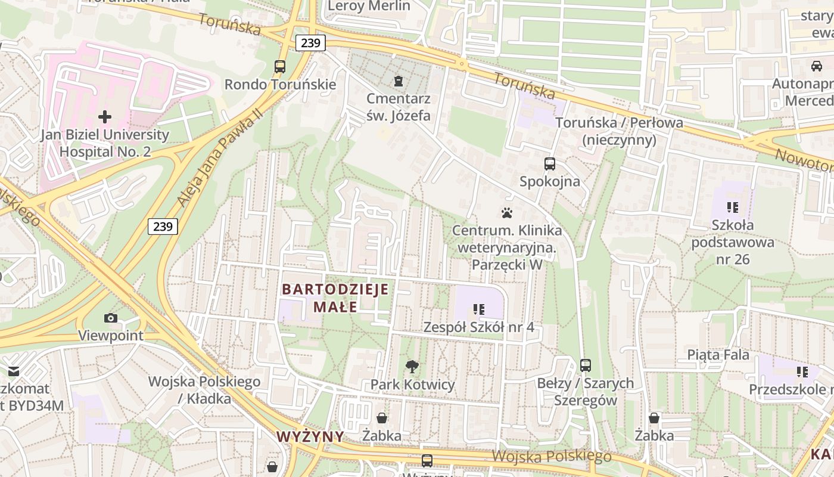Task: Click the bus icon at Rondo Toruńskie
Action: pyautogui.click(x=280, y=67)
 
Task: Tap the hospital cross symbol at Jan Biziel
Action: pyautogui.click(x=105, y=116)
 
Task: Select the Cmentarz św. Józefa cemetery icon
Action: pyautogui.click(x=399, y=80)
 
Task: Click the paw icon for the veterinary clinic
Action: pyautogui.click(x=507, y=212)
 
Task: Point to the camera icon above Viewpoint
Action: pyautogui.click(x=111, y=318)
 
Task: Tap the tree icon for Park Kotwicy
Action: pyautogui.click(x=412, y=367)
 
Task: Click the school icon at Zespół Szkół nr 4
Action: pyautogui.click(x=478, y=309)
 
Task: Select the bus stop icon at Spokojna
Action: pyautogui.click(x=550, y=163)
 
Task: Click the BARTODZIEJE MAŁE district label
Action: pyautogui.click(x=335, y=298)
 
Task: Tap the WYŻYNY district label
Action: pyautogui.click(x=310, y=436)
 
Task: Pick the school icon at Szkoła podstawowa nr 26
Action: pyautogui.click(x=732, y=207)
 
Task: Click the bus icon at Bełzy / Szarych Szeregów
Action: pyautogui.click(x=586, y=366)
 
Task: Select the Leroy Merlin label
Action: pyautogui.click(x=369, y=6)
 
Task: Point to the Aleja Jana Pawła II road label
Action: pyautogui.click(x=220, y=158)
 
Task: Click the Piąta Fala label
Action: pyautogui.click(x=718, y=354)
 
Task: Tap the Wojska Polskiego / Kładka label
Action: pyautogui.click(x=204, y=389)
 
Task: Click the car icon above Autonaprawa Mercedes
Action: pyautogui.click(x=816, y=66)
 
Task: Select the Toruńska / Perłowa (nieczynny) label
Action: pyautogui.click(x=619, y=131)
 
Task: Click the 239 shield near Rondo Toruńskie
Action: pyautogui.click(x=310, y=43)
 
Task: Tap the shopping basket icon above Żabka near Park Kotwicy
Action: pyautogui.click(x=381, y=418)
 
